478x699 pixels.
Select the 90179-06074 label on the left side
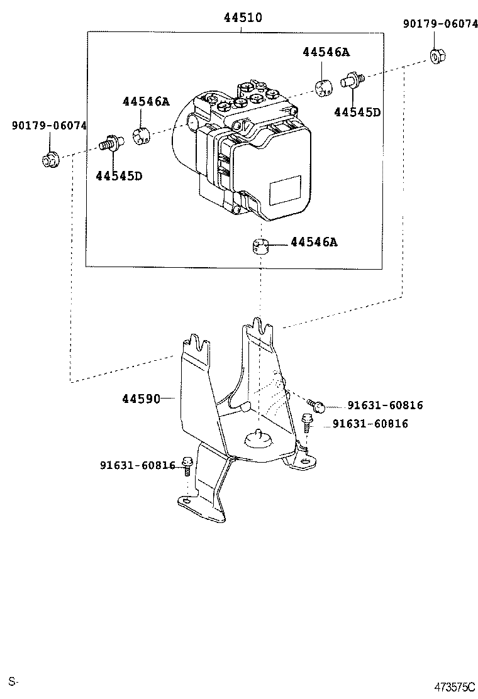pyautogui.click(x=49, y=126)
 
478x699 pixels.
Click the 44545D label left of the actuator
pyautogui.click(x=119, y=175)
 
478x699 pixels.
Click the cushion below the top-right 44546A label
pyautogui.click(x=325, y=89)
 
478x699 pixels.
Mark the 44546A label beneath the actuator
pyautogui.click(x=314, y=242)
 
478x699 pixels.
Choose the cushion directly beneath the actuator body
pyautogui.click(x=259, y=246)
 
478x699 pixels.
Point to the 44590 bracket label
pyautogui.click(x=141, y=399)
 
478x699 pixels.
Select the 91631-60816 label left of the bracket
pyautogui.click(x=137, y=465)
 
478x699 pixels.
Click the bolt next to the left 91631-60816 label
pyautogui.click(x=187, y=466)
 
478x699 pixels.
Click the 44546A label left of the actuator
pyautogui.click(x=146, y=101)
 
